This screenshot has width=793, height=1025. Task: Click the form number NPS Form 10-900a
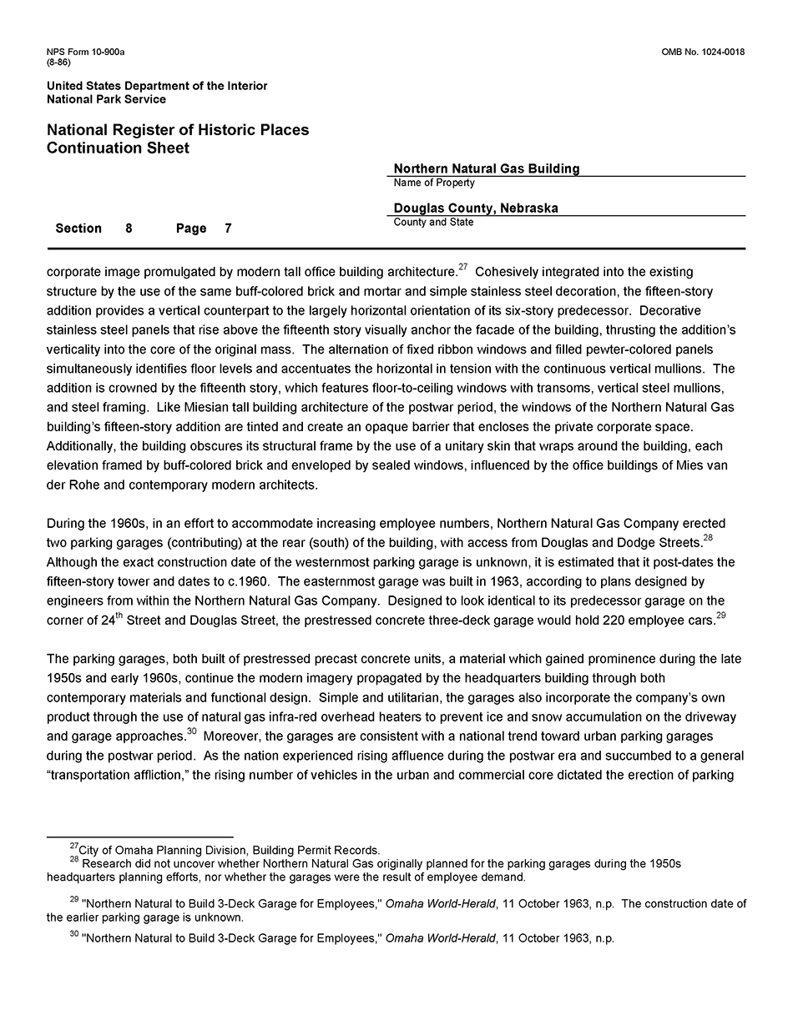coord(86,53)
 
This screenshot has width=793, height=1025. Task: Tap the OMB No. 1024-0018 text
coord(703,53)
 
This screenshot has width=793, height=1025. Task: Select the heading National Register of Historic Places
coord(178,130)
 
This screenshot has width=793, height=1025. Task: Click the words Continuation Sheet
coord(118,148)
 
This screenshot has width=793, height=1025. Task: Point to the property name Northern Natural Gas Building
coord(486,168)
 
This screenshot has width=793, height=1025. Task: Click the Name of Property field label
coord(434,183)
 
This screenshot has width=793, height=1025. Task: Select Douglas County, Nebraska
coord(476,209)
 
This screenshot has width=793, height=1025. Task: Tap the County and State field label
coord(433,223)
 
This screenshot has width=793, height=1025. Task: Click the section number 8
coord(129,229)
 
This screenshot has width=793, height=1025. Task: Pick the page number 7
coord(228,229)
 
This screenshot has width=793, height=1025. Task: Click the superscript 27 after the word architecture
coord(462,267)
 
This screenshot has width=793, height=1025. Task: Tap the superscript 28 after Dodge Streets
coord(707,538)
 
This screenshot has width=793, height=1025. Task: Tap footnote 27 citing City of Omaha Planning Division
coord(225,850)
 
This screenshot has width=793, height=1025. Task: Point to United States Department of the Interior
coord(157,86)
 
